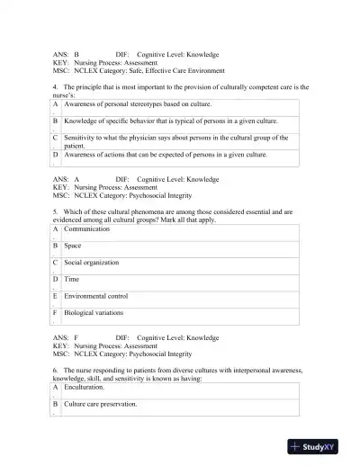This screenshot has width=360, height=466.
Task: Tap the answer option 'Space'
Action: (74, 246)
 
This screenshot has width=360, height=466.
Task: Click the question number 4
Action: (57, 87)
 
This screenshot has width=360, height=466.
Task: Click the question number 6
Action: (57, 370)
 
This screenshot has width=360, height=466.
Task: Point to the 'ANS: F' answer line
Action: (67, 337)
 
